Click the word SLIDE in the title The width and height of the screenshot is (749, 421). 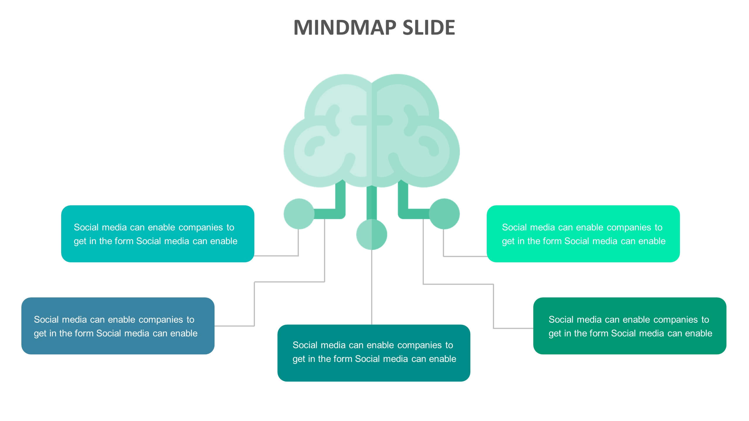tap(429, 27)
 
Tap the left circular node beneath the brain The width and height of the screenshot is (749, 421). tap(299, 214)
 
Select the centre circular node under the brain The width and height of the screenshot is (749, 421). tap(371, 234)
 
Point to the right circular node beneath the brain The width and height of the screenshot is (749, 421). tap(444, 214)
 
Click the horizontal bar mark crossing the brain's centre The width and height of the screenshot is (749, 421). tap(371, 120)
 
